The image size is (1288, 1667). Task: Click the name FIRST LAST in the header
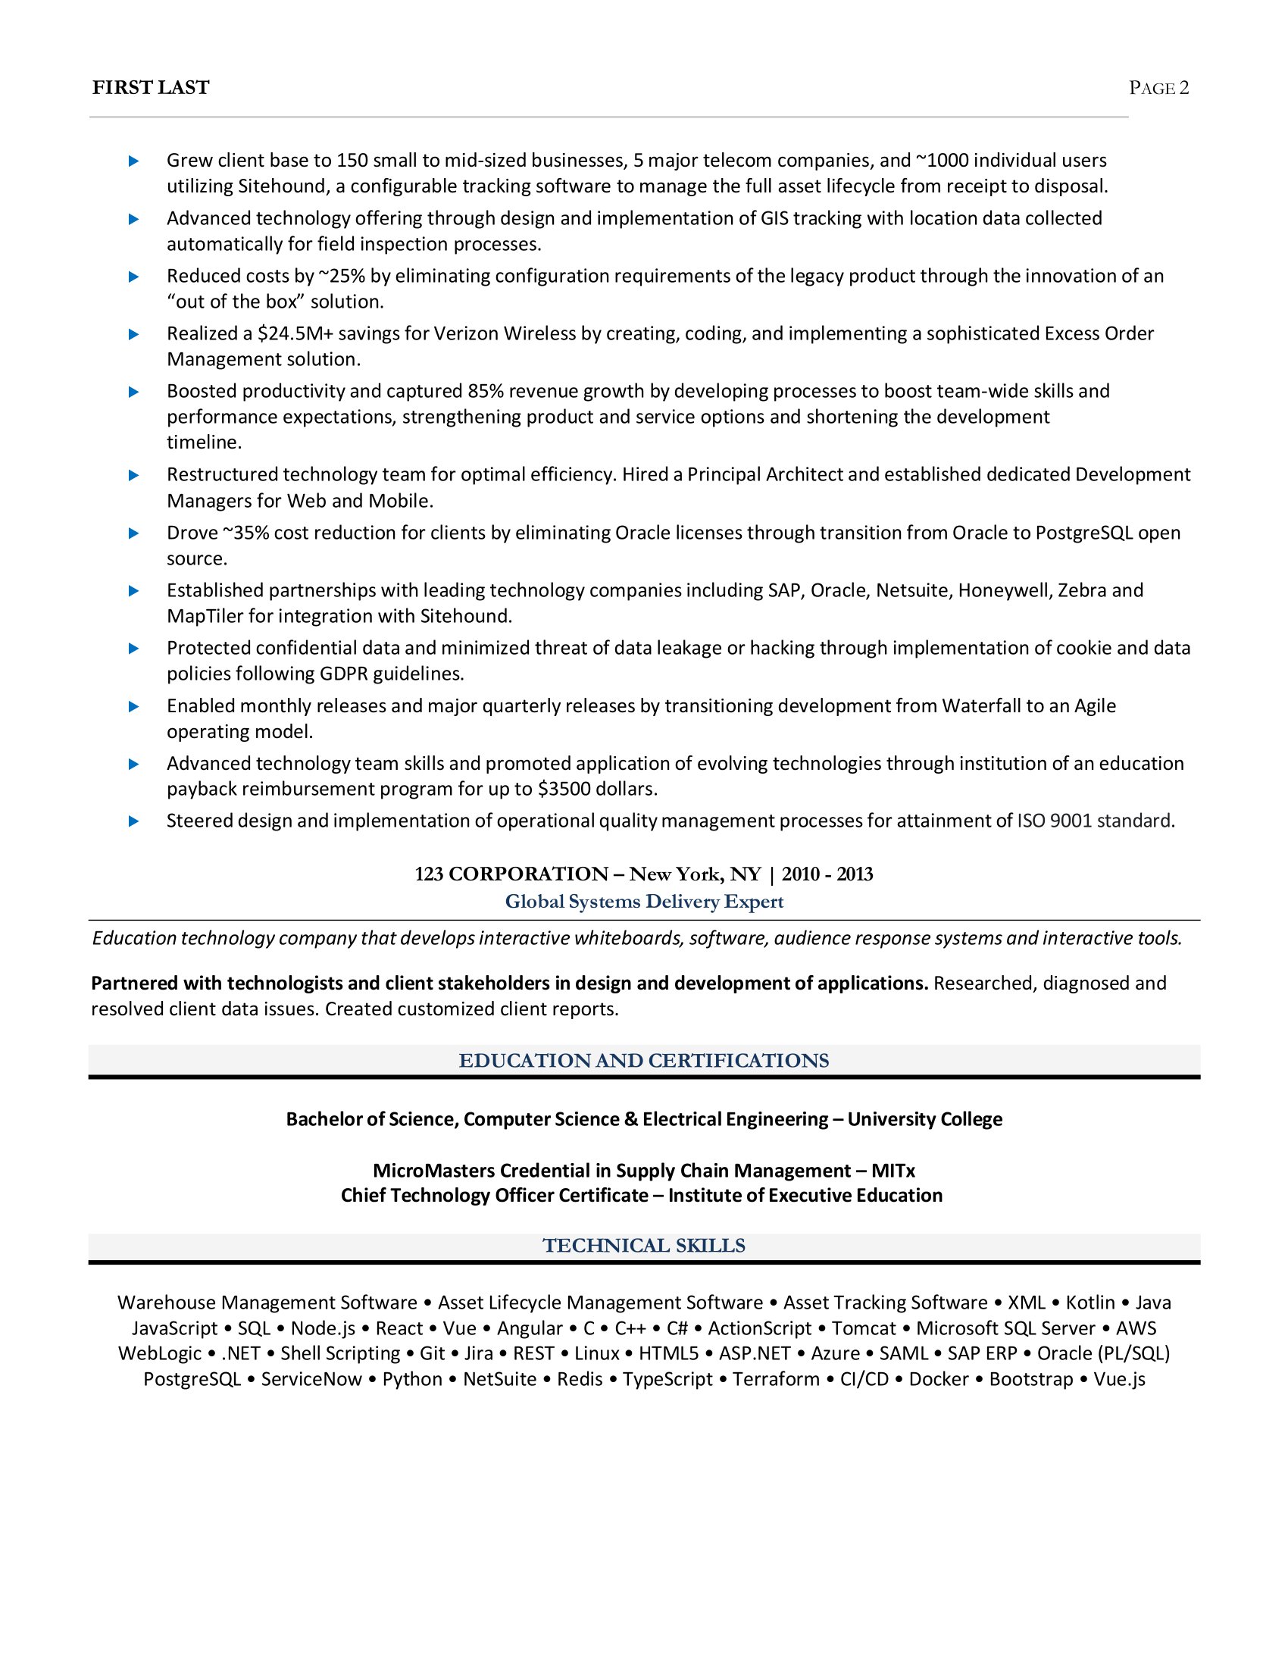[x=150, y=88]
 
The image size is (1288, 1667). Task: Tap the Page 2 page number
[x=1158, y=88]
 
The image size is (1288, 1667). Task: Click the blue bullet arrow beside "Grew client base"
[x=133, y=161]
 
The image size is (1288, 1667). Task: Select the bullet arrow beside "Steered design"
[x=133, y=821]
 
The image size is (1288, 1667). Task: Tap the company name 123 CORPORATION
[x=511, y=874]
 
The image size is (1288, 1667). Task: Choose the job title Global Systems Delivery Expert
[x=644, y=902]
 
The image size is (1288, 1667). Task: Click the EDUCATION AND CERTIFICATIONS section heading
[x=644, y=1060]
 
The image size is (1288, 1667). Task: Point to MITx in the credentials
[x=893, y=1171]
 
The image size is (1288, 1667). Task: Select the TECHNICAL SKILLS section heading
[x=644, y=1246]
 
